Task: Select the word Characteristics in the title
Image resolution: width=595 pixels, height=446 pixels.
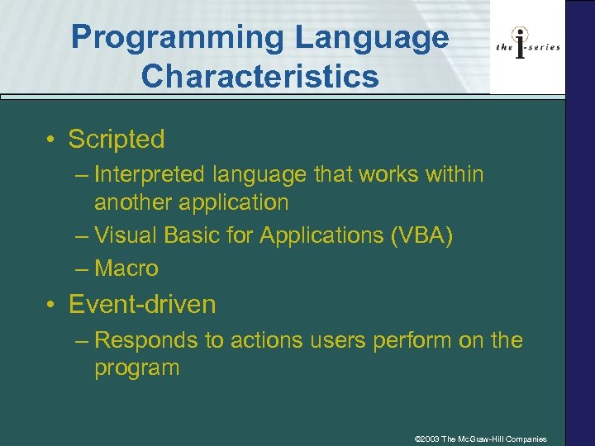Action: (259, 76)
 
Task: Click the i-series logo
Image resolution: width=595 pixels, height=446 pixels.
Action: (527, 46)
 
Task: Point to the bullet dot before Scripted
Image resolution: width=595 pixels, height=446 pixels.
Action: (52, 140)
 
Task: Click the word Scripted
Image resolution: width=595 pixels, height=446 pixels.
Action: (117, 140)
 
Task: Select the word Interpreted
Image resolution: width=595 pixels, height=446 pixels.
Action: (150, 174)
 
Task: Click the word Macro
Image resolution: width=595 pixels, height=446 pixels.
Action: (126, 268)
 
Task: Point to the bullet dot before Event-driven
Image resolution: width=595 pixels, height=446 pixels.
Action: (52, 305)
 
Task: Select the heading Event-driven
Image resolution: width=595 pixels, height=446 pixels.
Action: (142, 305)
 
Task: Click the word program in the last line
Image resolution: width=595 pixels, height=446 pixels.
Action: (136, 368)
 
